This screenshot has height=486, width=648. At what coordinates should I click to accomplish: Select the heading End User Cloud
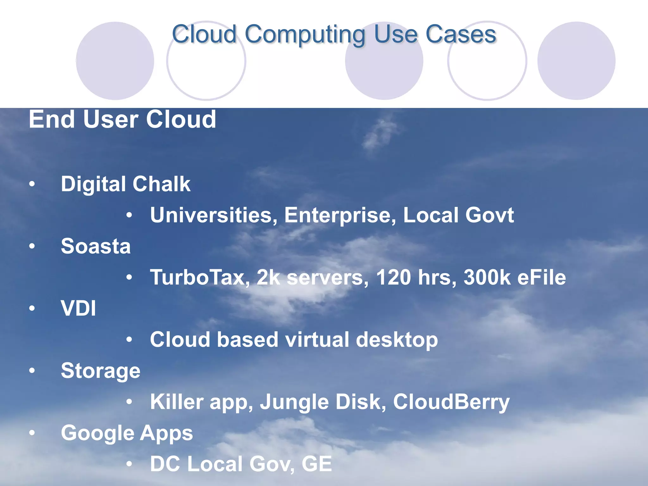coord(122,119)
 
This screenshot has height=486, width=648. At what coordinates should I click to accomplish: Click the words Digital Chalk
coord(126,184)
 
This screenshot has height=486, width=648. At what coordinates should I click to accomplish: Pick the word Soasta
coord(96,246)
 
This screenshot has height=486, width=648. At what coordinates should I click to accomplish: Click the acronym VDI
coord(78,308)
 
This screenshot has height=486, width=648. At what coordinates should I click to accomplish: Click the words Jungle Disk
coord(323,402)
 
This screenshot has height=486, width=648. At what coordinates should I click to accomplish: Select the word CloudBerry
coord(451,402)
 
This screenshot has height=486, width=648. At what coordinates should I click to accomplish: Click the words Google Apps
coord(127,433)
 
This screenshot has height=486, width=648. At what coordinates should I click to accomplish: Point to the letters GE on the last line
coord(317,464)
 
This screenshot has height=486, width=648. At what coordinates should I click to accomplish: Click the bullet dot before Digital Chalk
coord(32,184)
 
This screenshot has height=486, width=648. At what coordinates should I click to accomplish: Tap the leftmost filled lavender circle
coord(115,61)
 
